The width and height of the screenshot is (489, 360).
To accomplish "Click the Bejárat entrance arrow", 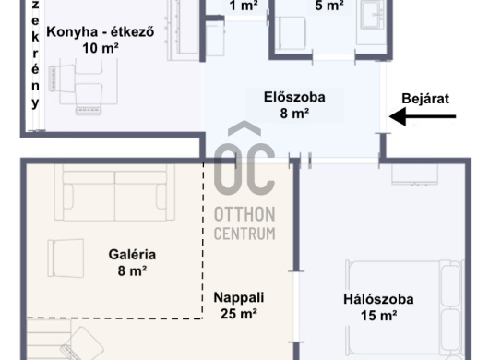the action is [423, 116].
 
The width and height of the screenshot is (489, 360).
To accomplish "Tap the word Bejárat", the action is [425, 99].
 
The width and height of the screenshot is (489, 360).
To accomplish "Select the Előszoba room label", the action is [294, 97].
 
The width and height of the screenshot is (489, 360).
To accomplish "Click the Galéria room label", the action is [132, 255].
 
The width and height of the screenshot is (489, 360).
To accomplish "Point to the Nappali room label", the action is [239, 297].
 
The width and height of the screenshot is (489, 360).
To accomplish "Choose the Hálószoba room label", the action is [378, 299].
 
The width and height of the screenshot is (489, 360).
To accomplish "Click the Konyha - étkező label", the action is [101, 31].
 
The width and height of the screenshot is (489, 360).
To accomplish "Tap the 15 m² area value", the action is [379, 316].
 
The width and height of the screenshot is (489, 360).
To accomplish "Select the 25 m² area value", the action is [239, 314].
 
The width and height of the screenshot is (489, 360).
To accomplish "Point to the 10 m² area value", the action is [101, 48].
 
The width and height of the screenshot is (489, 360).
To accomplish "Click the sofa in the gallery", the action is [114, 193].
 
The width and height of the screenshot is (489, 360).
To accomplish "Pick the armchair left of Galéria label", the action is [66, 258].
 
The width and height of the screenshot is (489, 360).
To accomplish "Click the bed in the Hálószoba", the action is [404, 308].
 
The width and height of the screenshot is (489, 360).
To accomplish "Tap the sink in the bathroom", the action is [372, 14].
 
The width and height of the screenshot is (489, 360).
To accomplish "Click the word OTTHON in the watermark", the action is [244, 214].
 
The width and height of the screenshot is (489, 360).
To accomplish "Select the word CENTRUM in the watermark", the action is [244, 234].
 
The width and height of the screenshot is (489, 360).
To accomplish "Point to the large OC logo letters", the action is [244, 169].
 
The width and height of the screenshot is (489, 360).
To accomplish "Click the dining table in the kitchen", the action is [89, 82].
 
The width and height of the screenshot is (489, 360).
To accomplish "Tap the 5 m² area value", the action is [329, 6].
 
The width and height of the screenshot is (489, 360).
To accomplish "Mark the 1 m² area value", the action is [244, 6].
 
